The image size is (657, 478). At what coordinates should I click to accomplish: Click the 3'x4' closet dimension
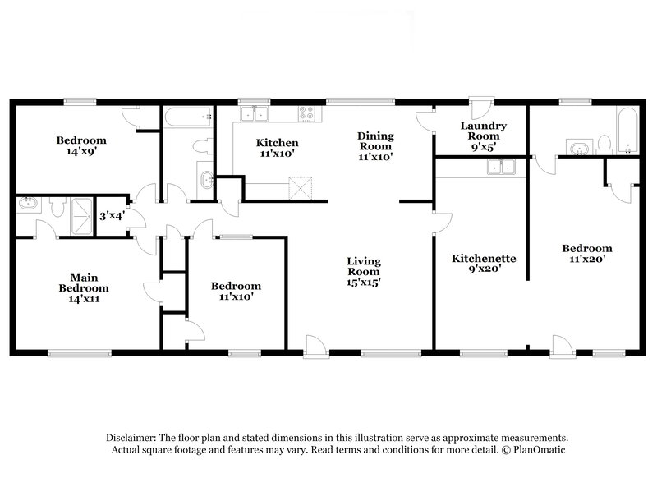click(x=111, y=217)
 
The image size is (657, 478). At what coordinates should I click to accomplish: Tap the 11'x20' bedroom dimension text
click(x=586, y=260)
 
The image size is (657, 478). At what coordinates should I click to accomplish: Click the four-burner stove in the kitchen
click(x=307, y=114)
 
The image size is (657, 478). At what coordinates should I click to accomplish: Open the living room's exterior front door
click(x=315, y=346)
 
